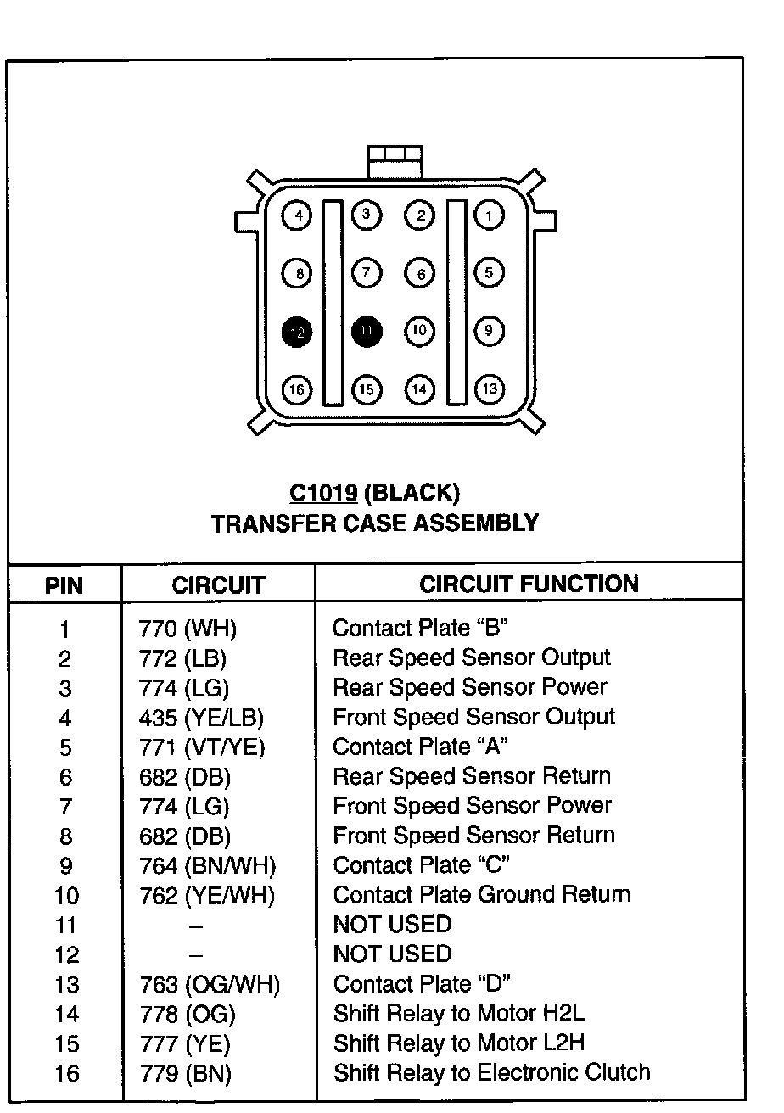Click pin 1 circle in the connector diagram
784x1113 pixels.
(489, 215)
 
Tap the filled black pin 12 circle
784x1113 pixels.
(297, 332)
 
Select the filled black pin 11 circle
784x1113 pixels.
(367, 332)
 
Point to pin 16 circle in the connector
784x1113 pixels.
(297, 389)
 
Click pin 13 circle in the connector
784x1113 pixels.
(489, 389)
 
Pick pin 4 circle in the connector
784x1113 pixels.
(297, 215)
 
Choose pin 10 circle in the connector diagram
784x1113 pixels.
(419, 331)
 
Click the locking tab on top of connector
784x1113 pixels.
(394, 160)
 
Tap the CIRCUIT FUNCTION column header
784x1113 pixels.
(529, 584)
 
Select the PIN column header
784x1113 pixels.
(64, 585)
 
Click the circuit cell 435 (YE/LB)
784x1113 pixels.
(201, 718)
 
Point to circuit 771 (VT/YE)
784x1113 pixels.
(202, 747)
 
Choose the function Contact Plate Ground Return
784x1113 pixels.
(482, 895)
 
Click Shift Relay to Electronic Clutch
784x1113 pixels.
(491, 1073)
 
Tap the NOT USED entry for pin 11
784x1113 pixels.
(392, 925)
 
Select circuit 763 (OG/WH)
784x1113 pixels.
(209, 985)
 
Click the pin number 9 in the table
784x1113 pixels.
(65, 866)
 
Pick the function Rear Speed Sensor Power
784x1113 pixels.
(470, 687)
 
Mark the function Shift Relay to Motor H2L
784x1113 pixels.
(459, 1014)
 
